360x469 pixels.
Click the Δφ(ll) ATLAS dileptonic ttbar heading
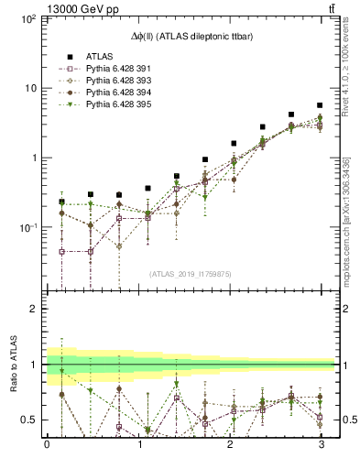coord(191,35)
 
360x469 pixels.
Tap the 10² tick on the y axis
coord(27,19)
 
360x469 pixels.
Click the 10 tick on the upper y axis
coord(30,88)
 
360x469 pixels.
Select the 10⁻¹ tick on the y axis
coord(27,227)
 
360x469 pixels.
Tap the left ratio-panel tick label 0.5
coord(29,420)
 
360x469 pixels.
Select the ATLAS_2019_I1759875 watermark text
coord(191,272)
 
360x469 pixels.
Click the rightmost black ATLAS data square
coord(320,105)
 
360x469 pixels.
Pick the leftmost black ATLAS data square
coord(61,201)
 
